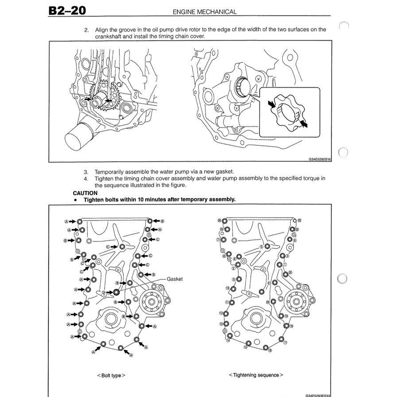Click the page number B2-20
[x=67, y=10]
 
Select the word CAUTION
[x=85, y=193]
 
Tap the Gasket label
[x=175, y=279]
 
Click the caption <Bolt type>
[x=111, y=375]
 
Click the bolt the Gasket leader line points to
[x=116, y=292]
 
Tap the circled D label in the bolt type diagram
[x=104, y=292]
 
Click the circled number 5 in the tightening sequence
[x=261, y=246]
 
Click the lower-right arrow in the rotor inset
[x=303, y=124]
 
